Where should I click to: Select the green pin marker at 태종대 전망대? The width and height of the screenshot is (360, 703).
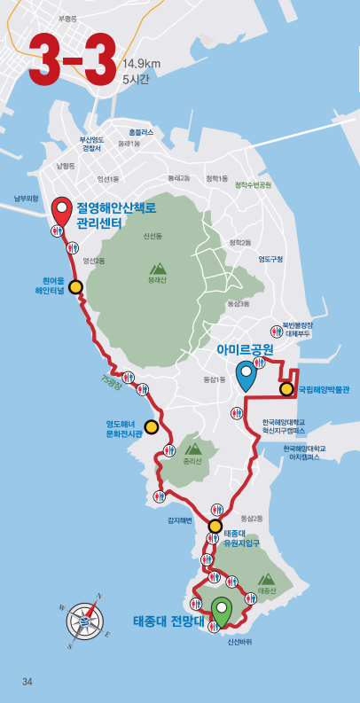222,613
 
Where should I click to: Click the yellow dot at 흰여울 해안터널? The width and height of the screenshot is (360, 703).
75,286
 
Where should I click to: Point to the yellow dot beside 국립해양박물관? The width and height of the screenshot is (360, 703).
286,388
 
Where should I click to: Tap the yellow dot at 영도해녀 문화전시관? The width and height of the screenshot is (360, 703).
152,427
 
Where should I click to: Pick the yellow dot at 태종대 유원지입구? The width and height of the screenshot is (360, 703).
215,527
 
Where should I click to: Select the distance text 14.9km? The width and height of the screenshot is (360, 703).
142,64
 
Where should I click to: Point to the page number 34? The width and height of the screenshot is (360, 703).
27,681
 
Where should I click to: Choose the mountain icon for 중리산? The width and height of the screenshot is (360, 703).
192,449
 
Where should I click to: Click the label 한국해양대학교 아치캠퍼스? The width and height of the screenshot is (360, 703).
304,452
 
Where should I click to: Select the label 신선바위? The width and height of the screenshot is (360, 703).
239,642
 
